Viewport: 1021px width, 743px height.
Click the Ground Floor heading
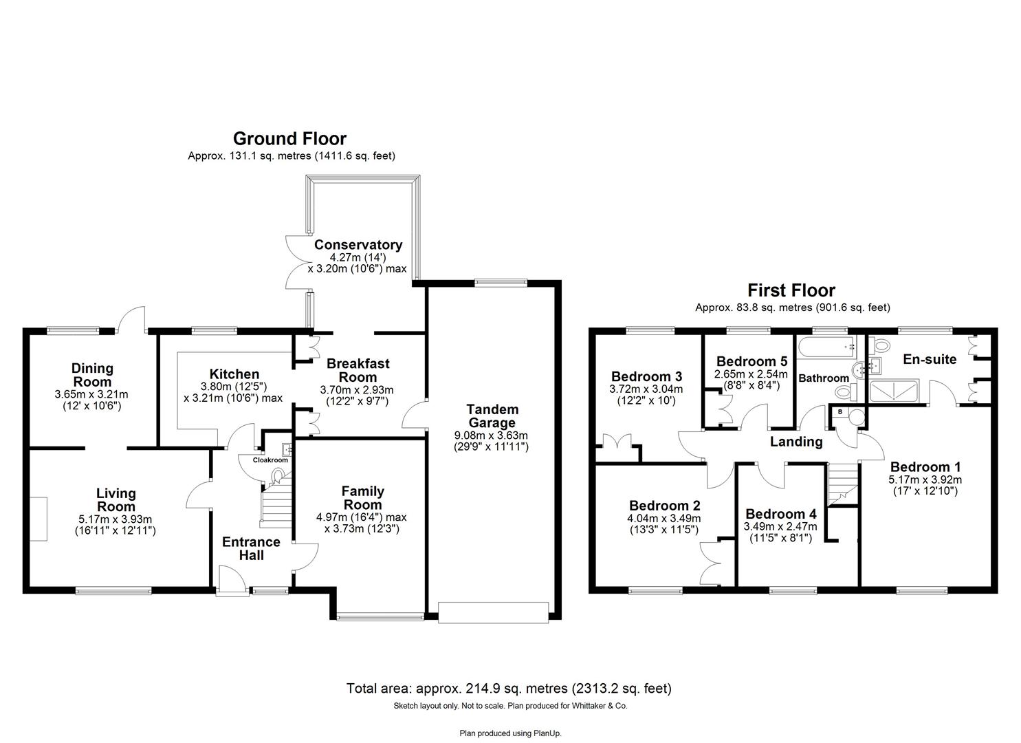(x=289, y=139)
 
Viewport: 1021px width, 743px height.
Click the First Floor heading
(x=791, y=290)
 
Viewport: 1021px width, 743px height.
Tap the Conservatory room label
(x=358, y=245)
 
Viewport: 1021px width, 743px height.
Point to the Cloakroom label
(x=270, y=460)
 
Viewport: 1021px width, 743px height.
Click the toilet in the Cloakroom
(x=279, y=475)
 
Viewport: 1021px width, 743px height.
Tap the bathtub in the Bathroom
(x=825, y=347)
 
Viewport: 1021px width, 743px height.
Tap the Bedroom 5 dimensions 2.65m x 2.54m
(x=751, y=374)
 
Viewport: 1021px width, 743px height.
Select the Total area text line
(x=509, y=688)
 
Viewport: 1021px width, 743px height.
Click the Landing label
(x=795, y=442)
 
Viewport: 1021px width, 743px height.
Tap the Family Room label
(x=362, y=498)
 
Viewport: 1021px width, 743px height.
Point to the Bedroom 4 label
(x=780, y=514)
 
